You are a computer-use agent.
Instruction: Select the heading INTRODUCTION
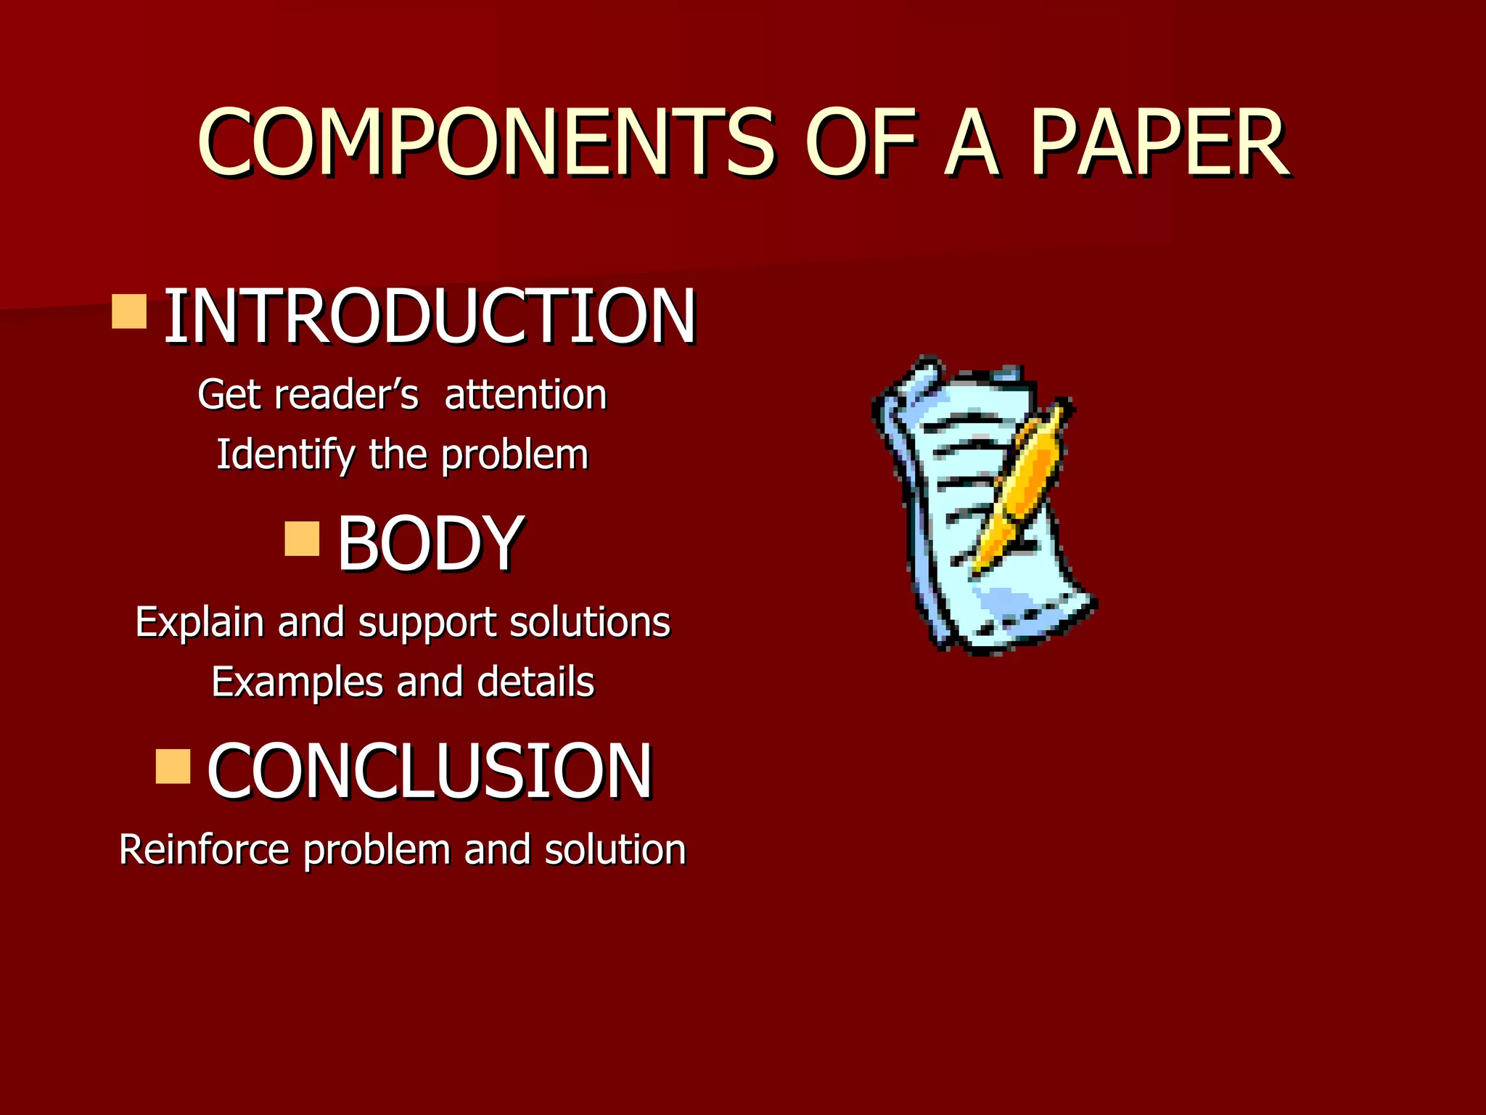tap(430, 316)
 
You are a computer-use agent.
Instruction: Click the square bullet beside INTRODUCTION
tap(130, 311)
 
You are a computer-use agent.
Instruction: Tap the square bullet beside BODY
tap(302, 538)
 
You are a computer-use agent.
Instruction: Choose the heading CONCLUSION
tap(430, 771)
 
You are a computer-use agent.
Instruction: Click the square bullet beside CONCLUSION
tap(173, 767)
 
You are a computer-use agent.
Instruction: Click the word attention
tap(525, 395)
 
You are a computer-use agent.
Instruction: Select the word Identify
tap(286, 456)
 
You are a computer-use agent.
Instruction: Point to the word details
tap(535, 682)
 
